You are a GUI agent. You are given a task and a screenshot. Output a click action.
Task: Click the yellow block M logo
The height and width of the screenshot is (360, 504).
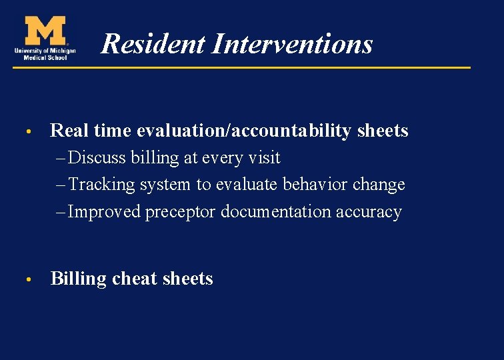tap(45, 31)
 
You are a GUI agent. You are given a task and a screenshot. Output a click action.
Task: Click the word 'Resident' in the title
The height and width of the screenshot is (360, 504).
tap(153, 44)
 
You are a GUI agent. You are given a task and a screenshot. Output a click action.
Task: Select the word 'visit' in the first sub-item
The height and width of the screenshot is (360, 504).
tap(264, 158)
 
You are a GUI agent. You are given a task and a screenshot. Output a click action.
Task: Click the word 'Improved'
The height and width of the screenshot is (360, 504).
tap(105, 211)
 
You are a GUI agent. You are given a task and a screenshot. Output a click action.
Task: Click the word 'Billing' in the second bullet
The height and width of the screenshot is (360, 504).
tap(79, 279)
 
